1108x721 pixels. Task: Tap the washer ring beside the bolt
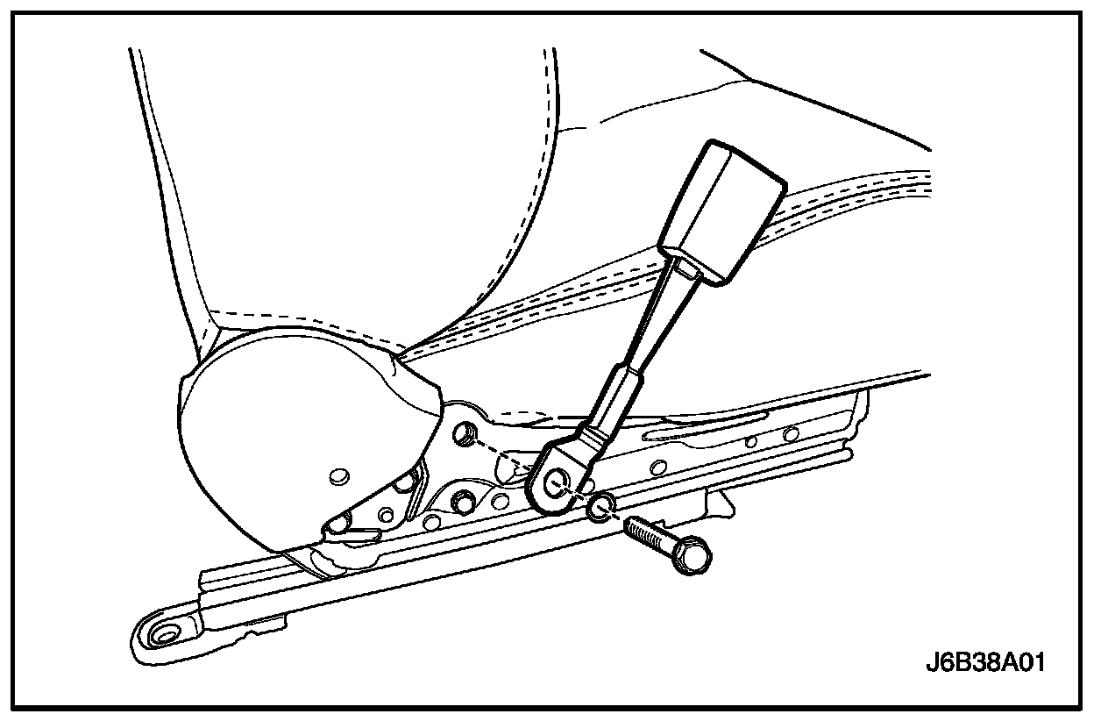point(600,506)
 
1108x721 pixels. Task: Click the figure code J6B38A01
point(985,660)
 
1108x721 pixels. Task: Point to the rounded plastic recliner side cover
point(289,421)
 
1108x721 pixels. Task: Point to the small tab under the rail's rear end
point(722,503)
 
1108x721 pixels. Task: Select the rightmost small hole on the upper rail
point(791,434)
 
